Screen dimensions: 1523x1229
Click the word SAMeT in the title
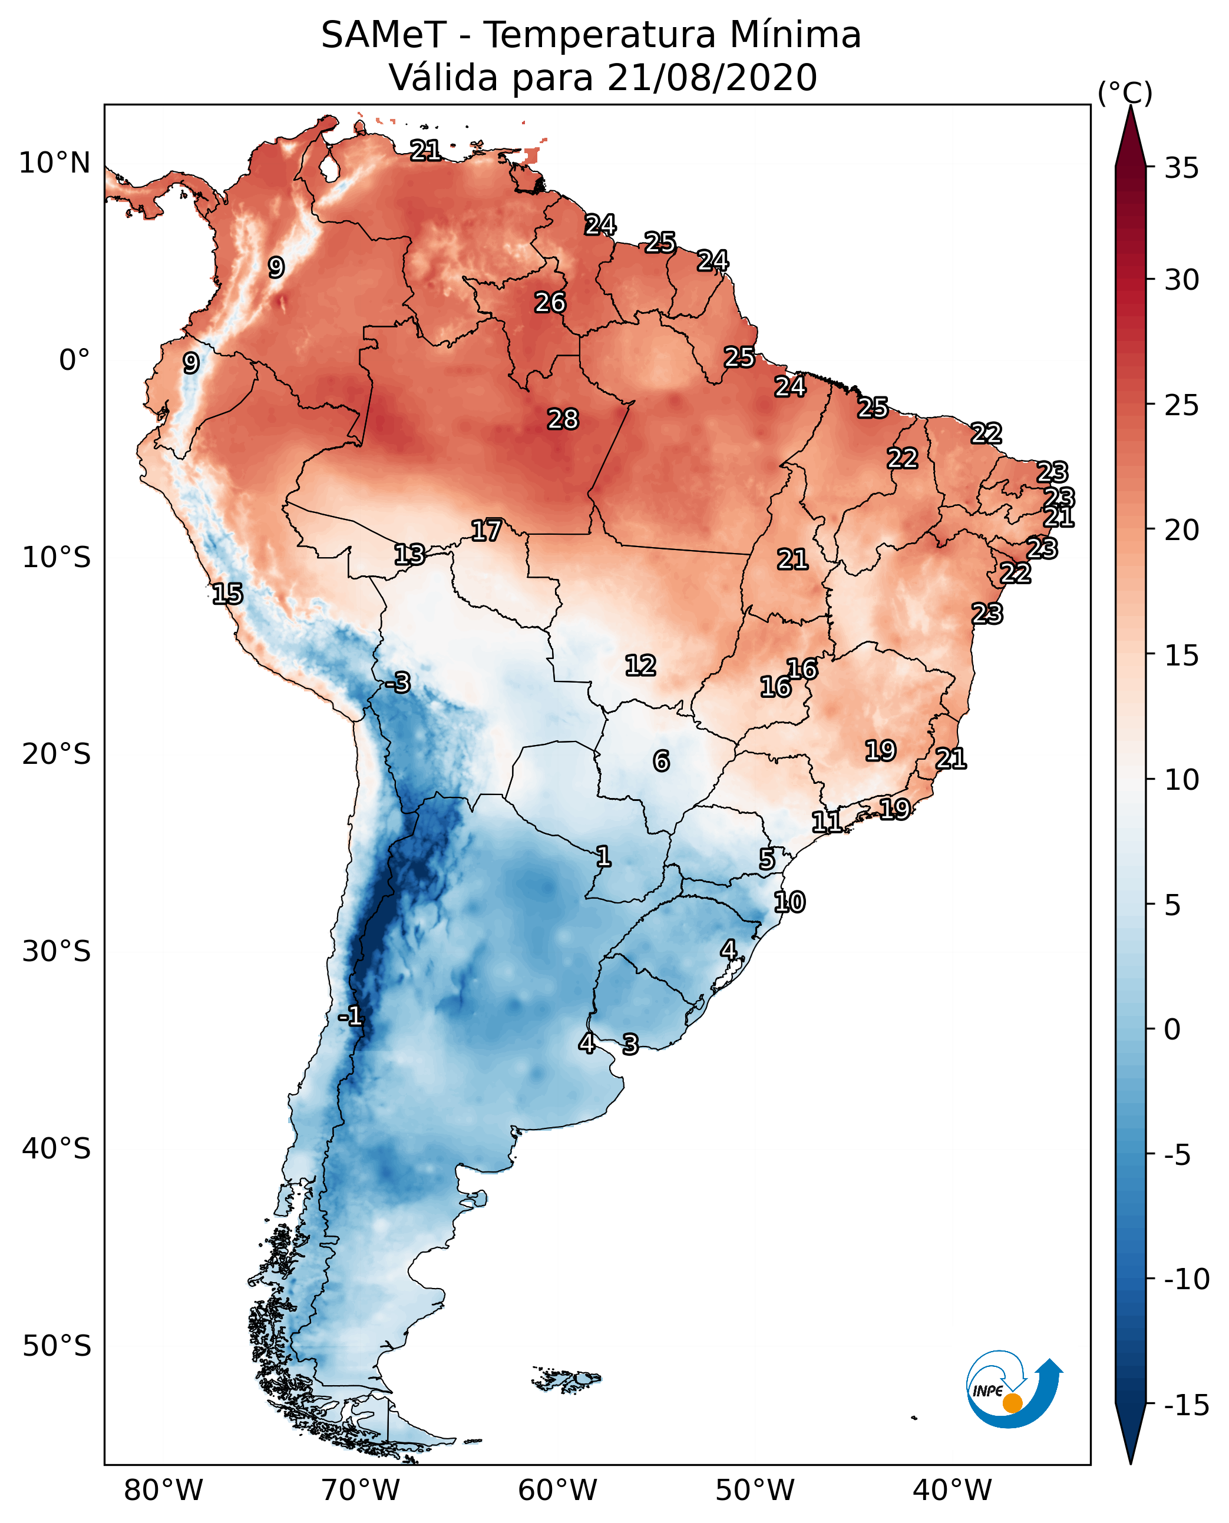(x=384, y=35)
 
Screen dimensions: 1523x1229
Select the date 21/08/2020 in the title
(x=712, y=78)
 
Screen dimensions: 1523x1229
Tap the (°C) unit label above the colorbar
(x=1125, y=94)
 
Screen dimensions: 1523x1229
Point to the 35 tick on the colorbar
(x=1181, y=168)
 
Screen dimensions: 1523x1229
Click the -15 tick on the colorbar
(x=1186, y=1405)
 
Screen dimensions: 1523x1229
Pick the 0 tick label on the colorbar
(x=1172, y=1029)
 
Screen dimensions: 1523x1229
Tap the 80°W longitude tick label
(x=164, y=1491)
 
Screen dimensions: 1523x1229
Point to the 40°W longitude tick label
(x=952, y=1491)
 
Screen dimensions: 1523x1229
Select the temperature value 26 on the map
(x=550, y=303)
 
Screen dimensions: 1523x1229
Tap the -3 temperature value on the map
(x=398, y=683)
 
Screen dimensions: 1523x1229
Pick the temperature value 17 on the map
(x=487, y=531)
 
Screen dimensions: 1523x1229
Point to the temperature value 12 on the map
(x=640, y=666)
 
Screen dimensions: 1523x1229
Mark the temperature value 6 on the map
(x=661, y=761)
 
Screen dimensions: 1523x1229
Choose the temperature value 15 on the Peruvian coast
(x=227, y=594)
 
